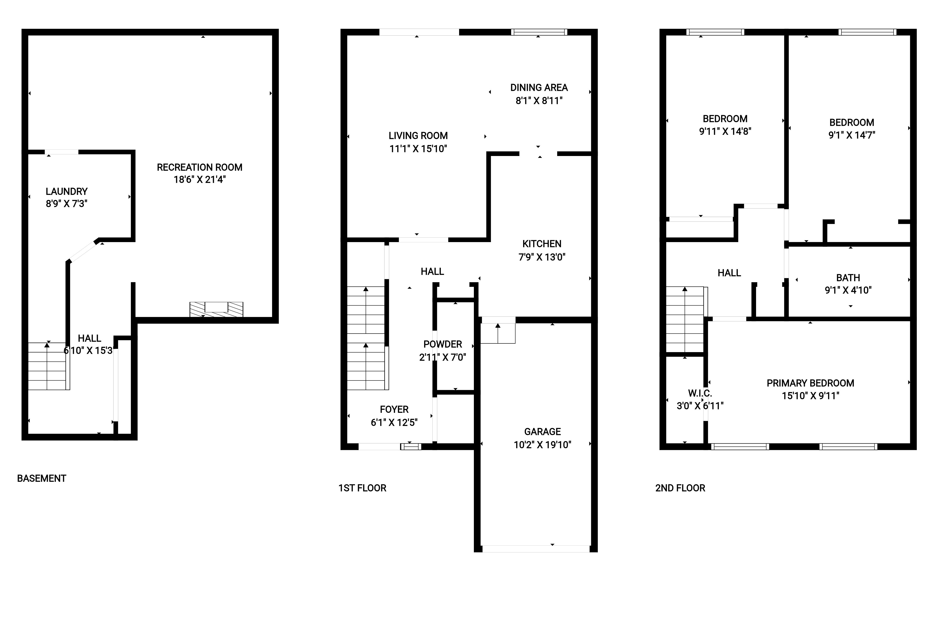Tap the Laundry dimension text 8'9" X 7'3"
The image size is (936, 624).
pyautogui.click(x=66, y=204)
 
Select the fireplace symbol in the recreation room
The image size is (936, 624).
pyautogui.click(x=216, y=309)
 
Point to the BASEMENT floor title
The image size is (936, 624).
pyautogui.click(x=41, y=478)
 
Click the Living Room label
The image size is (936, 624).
pyautogui.click(x=418, y=136)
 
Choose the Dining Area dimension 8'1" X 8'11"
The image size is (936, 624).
pyautogui.click(x=539, y=101)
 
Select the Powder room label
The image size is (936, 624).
pyautogui.click(x=442, y=344)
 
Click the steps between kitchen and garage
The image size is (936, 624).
pyautogui.click(x=498, y=333)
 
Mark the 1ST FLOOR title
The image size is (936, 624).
pyautogui.click(x=362, y=488)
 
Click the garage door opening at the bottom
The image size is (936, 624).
pyautogui.click(x=536, y=549)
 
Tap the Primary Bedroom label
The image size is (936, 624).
pyautogui.click(x=810, y=383)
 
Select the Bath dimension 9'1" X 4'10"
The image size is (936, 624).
pyautogui.click(x=848, y=290)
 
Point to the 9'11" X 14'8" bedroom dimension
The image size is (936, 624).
pyautogui.click(x=725, y=131)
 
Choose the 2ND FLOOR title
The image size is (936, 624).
pyautogui.click(x=680, y=488)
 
